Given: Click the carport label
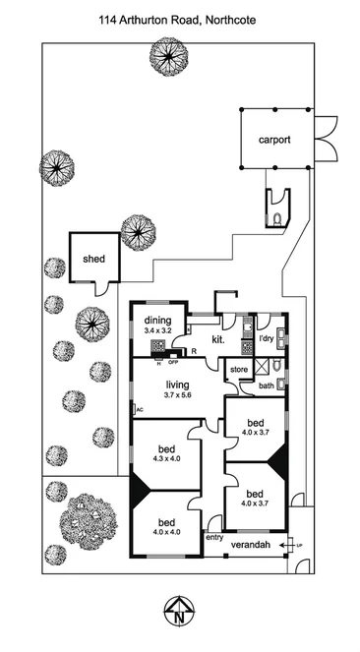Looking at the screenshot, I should (x=274, y=140).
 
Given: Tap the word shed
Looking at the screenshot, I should (x=94, y=259).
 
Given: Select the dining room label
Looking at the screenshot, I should (x=158, y=320).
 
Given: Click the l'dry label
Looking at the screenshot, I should (x=266, y=338).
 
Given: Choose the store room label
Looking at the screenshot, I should (x=238, y=370).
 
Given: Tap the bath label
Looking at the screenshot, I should (x=267, y=385).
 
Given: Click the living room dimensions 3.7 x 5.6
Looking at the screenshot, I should (x=177, y=395).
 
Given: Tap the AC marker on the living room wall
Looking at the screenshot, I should (x=140, y=409).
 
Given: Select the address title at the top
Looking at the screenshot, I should (x=179, y=18).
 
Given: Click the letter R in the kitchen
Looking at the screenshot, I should (x=194, y=351).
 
